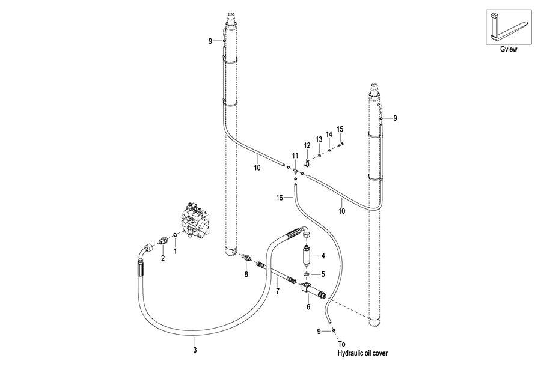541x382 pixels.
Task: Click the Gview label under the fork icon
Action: click(x=509, y=49)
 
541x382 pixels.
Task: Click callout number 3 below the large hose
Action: click(x=195, y=350)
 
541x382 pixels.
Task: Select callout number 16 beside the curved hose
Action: click(x=280, y=198)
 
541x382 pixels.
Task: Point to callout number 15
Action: click(x=340, y=129)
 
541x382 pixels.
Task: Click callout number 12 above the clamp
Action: click(x=307, y=146)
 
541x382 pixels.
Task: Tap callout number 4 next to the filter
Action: click(x=323, y=256)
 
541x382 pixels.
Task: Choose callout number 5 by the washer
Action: click(x=323, y=274)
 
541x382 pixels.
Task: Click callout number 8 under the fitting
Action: click(x=246, y=274)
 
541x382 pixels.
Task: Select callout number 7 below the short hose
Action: click(x=278, y=291)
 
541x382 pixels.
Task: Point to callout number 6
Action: click(x=308, y=306)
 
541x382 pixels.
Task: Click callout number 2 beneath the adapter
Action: click(x=163, y=258)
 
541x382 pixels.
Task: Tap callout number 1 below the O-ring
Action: click(x=175, y=252)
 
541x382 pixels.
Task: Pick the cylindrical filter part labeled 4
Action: click(x=305, y=256)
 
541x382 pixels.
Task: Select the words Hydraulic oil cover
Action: click(x=362, y=353)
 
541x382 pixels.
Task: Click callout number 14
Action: click(x=329, y=134)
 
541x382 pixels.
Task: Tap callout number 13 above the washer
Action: click(x=319, y=139)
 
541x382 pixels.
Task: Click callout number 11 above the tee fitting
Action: click(x=295, y=156)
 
